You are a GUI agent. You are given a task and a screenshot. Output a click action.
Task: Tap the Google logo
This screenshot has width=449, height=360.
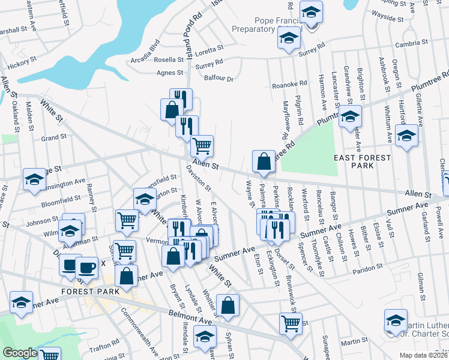click(x=20, y=353)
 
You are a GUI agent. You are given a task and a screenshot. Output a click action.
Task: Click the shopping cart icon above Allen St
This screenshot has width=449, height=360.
click(x=202, y=145)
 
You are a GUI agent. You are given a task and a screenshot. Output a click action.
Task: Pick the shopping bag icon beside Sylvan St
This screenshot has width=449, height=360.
click(x=229, y=306)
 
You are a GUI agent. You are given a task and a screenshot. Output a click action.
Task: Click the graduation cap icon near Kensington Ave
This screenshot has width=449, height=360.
click(x=35, y=179)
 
